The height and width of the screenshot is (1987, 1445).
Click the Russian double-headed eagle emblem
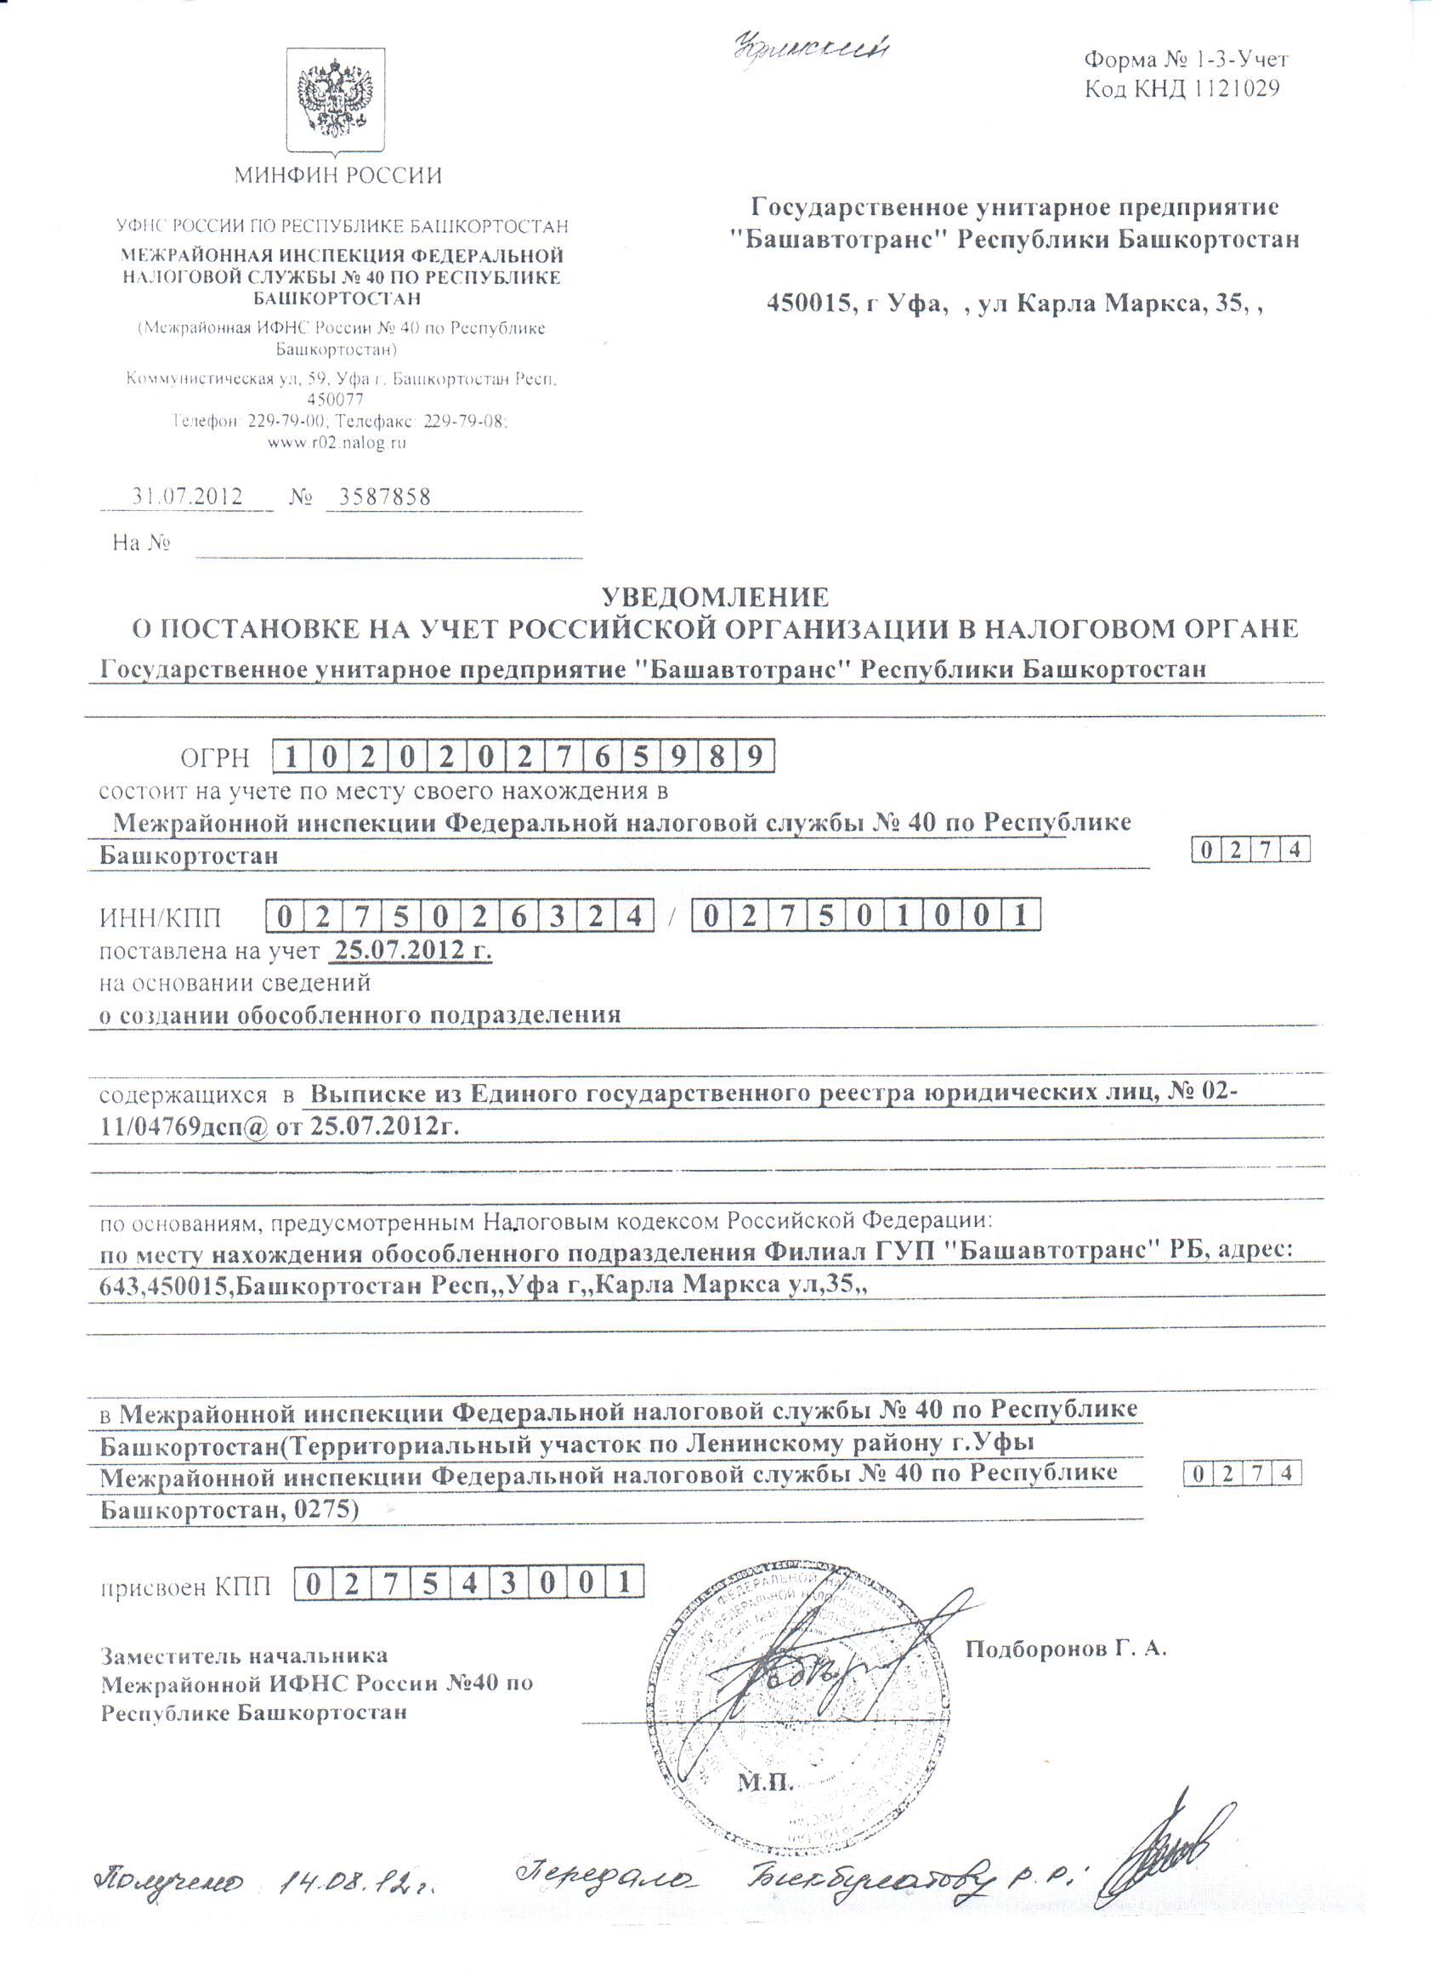click(x=337, y=99)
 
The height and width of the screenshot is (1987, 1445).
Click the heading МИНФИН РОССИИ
click(x=338, y=175)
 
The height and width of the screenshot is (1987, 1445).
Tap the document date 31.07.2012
click(x=187, y=497)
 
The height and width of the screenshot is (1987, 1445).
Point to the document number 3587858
click(x=384, y=497)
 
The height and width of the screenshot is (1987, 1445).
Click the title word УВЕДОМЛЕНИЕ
click(x=715, y=598)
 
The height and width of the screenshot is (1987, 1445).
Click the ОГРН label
click(x=215, y=758)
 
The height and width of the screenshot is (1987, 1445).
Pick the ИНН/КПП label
click(x=161, y=918)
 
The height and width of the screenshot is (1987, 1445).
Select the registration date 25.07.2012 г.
click(x=411, y=950)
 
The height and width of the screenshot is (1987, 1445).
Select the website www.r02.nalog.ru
click(x=337, y=443)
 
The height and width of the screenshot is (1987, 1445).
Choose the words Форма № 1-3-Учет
click(x=1186, y=60)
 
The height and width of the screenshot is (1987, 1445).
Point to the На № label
click(x=141, y=543)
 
